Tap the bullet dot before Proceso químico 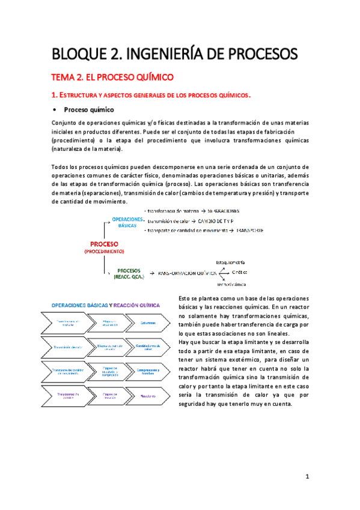(x=55, y=110)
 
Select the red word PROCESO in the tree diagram (x=103, y=245)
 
